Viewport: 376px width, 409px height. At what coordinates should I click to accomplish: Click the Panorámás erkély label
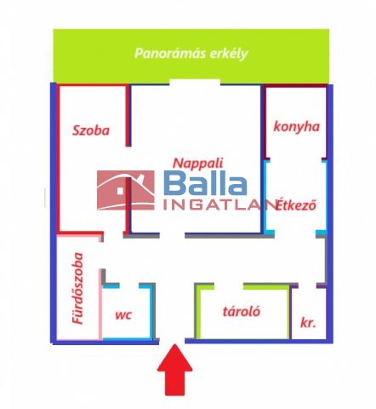(191, 54)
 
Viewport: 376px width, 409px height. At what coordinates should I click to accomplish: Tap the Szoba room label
(91, 130)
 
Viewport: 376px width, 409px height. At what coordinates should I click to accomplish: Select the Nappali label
(198, 164)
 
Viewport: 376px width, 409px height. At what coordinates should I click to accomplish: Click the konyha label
(297, 127)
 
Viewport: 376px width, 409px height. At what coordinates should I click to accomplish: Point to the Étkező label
(296, 205)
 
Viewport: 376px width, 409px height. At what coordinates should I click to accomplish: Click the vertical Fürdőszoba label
(77, 289)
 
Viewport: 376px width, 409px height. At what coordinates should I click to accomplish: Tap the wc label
(123, 314)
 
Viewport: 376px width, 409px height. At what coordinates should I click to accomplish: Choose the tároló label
(242, 312)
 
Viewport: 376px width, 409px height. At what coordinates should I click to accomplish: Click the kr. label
(308, 323)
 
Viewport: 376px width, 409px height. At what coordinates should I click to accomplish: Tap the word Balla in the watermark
(205, 184)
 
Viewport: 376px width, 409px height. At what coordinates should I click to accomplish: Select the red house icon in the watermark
(126, 190)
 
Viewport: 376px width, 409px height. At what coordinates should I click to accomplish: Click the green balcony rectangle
(191, 55)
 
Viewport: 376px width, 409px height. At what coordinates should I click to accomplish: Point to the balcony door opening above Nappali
(195, 82)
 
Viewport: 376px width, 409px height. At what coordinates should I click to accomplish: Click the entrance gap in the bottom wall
(172, 341)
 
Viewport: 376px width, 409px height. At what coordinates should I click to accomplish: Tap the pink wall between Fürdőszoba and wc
(100, 304)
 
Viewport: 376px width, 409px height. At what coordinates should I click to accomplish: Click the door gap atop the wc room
(129, 285)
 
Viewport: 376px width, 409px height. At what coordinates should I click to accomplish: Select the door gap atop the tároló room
(229, 285)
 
